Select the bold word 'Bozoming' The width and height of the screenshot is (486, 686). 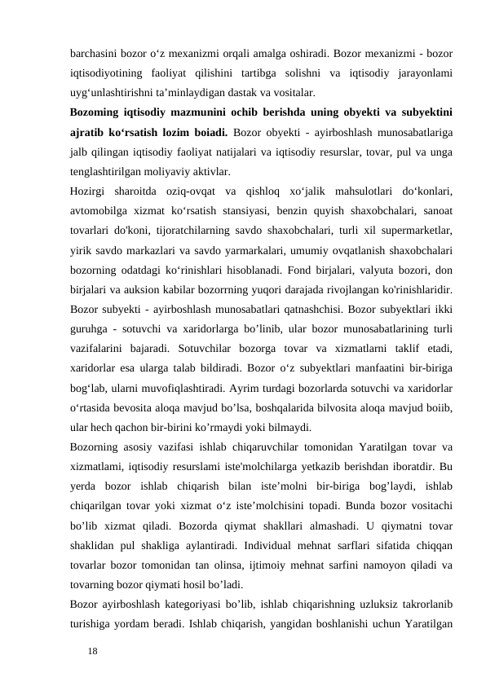click(99, 112)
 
